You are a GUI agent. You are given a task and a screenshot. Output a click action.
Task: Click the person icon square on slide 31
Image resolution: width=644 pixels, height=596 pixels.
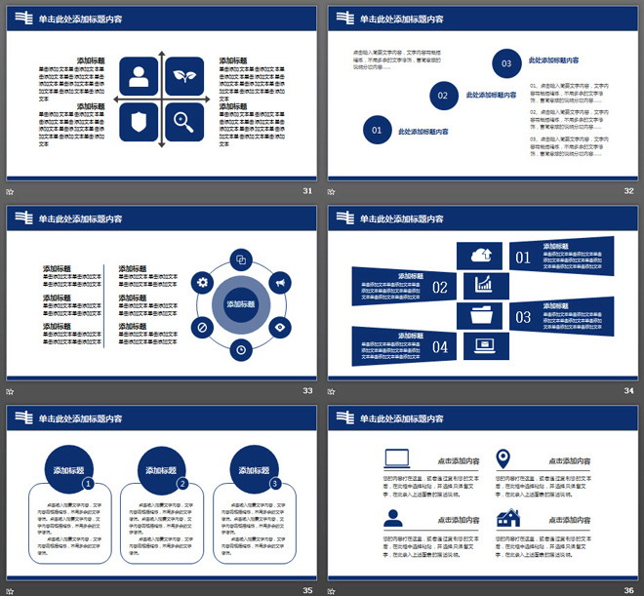140,77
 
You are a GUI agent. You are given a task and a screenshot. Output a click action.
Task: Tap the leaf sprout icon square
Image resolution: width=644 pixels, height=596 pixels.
184,77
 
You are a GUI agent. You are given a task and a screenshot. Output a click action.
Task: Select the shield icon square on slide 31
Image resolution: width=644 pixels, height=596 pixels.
140,122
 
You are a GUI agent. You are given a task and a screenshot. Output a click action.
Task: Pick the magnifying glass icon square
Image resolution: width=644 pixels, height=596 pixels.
184,122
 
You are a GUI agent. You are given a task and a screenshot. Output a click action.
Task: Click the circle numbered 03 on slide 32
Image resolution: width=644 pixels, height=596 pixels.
506,63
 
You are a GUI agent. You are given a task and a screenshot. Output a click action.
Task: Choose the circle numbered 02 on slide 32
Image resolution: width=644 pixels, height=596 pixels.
443,96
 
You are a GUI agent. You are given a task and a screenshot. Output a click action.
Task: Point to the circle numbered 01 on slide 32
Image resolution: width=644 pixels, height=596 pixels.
377,129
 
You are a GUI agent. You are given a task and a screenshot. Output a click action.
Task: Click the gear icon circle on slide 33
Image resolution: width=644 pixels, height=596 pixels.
203,282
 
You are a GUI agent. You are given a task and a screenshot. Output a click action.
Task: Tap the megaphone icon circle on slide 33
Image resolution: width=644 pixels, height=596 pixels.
279,283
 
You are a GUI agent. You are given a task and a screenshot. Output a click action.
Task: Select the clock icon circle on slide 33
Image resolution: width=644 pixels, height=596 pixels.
241,348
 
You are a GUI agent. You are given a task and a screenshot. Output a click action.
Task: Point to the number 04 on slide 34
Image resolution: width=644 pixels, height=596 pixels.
440,346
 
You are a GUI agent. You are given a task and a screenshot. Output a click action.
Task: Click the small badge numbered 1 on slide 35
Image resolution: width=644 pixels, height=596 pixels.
88,483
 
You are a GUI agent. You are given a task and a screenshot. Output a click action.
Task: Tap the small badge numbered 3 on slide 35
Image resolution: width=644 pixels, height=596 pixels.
275,483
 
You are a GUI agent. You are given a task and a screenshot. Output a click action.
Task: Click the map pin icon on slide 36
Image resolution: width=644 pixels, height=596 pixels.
503,457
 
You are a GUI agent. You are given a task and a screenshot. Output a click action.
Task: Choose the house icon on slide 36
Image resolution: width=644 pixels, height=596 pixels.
508,518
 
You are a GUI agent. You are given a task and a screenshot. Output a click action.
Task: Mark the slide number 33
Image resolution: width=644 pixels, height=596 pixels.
307,391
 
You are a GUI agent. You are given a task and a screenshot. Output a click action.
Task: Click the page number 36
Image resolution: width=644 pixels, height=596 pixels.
628,590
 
